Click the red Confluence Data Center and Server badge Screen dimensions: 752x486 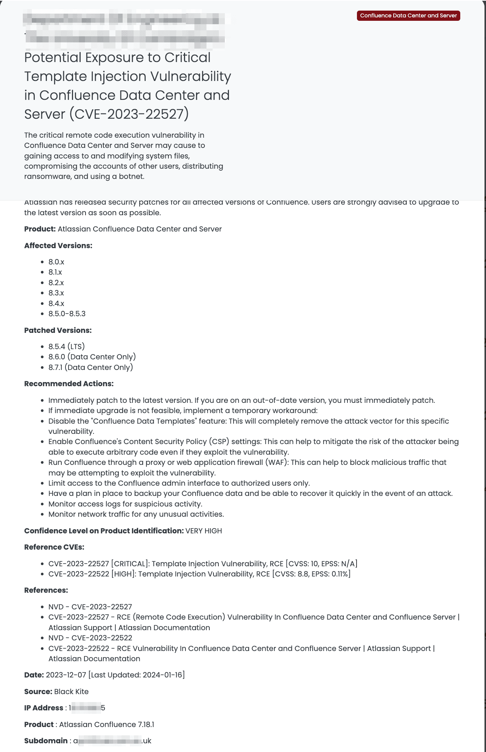pos(408,16)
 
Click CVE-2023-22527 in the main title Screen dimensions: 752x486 pos(129,114)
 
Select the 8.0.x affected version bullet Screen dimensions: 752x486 pos(56,262)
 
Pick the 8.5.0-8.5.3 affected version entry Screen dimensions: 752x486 pos(67,314)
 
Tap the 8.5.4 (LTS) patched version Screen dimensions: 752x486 pos(67,346)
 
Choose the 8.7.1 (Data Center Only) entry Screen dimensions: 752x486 pos(90,367)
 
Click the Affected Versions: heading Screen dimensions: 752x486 pos(58,245)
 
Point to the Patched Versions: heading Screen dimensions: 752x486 pos(58,330)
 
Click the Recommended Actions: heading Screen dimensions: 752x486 pos(69,384)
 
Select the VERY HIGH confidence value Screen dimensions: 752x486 pos(204,531)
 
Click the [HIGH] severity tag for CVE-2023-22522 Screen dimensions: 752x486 pos(123,574)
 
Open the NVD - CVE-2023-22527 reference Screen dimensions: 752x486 pos(90,607)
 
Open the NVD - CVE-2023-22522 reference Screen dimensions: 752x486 pos(90,638)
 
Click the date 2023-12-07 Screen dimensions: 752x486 pos(66,675)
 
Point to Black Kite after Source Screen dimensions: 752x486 pos(72,691)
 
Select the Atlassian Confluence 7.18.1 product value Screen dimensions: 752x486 pos(106,724)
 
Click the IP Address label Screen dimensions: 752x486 pos(44,708)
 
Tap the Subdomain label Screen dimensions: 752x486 pos(46,741)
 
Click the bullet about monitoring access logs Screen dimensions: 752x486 pos(125,504)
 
